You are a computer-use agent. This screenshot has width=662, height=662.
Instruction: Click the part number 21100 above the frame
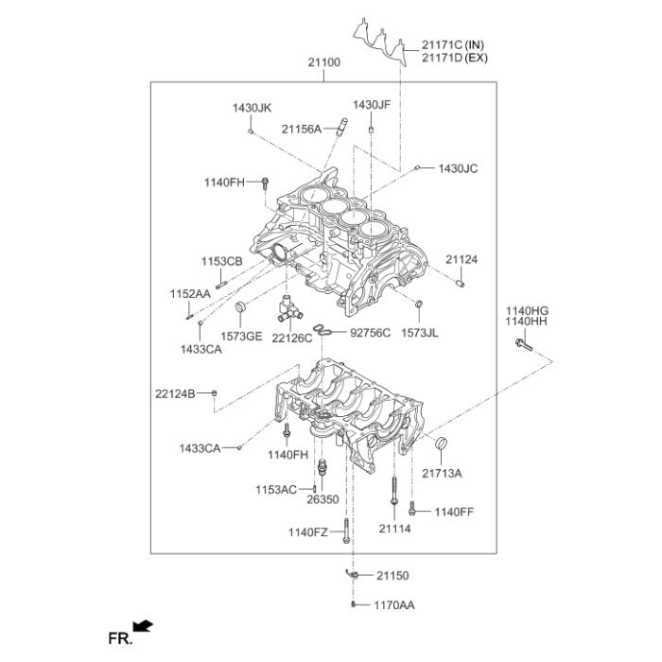click(323, 62)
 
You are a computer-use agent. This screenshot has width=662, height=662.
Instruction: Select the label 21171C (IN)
click(453, 44)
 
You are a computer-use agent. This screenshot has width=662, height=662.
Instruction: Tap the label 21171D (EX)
click(454, 58)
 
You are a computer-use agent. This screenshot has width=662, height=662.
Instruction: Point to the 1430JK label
click(252, 108)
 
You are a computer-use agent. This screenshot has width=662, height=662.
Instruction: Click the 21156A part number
click(301, 129)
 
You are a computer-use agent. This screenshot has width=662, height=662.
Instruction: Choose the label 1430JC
click(458, 168)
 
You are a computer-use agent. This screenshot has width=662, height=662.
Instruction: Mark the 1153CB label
click(220, 261)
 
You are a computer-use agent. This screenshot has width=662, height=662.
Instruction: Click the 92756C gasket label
click(370, 332)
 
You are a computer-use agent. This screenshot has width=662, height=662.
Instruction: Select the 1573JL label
click(420, 333)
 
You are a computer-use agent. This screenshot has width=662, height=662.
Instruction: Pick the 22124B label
click(175, 392)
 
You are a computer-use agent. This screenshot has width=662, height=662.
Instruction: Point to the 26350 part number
click(323, 499)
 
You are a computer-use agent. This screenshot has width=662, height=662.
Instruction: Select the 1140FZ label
click(307, 533)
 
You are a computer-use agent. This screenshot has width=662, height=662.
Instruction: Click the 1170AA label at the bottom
click(394, 604)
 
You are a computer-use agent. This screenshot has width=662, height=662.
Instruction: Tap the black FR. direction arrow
click(143, 626)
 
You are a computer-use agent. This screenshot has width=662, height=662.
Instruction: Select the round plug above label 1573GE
click(240, 306)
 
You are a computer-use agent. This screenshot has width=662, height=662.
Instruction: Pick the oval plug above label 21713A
click(440, 444)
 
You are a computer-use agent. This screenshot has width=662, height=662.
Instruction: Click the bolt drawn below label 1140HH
click(524, 347)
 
